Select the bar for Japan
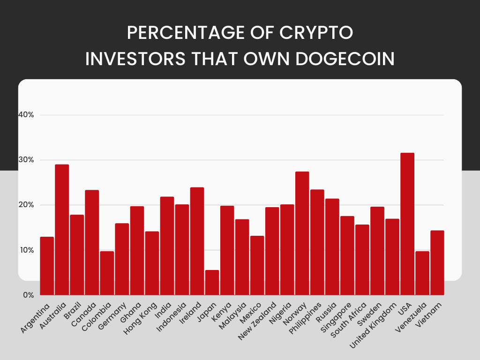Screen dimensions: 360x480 (x=212, y=283)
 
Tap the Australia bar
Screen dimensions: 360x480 (x=62, y=230)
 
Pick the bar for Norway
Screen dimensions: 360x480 (x=302, y=233)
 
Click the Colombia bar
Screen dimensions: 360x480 (x=107, y=273)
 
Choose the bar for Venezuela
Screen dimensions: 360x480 (x=422, y=273)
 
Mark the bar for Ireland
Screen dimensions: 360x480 (x=197, y=241)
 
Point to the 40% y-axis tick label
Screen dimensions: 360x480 (x=26, y=115)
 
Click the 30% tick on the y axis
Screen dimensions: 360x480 (x=26, y=160)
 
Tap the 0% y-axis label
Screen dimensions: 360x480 (x=28, y=295)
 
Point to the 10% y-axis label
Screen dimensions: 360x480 (x=26, y=250)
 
